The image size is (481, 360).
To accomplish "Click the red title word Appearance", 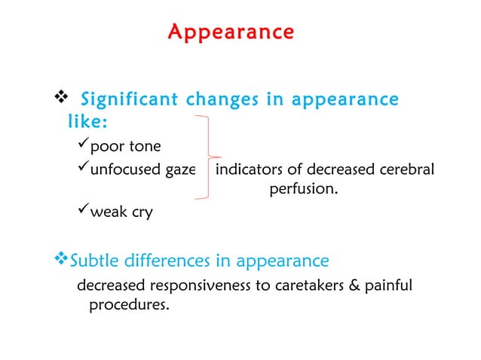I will (231, 32).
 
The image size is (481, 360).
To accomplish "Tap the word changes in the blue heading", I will (222, 99).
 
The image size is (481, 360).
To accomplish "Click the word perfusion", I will (303, 190).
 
